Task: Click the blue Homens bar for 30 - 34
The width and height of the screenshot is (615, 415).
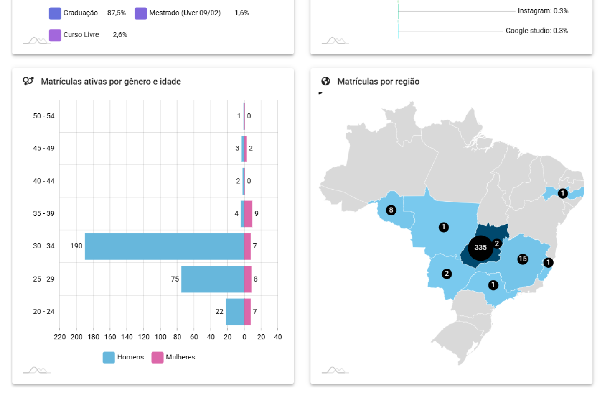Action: click(164, 246)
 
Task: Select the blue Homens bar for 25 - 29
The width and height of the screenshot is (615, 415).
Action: click(212, 279)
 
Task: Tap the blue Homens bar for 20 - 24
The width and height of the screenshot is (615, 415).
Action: click(234, 312)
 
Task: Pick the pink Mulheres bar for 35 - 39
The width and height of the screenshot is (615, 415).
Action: click(248, 214)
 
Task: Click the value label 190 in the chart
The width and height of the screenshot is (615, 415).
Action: click(76, 246)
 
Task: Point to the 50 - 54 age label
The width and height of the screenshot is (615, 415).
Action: click(44, 116)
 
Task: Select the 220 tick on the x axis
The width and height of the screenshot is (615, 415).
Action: click(60, 337)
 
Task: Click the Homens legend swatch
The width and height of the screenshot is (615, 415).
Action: click(109, 357)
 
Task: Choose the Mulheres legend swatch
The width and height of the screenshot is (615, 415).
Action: click(158, 357)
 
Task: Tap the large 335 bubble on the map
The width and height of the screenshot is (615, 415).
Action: click(480, 248)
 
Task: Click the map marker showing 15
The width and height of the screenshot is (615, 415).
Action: click(522, 259)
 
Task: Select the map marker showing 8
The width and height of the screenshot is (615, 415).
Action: click(391, 210)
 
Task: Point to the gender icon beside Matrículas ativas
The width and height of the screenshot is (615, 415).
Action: click(28, 81)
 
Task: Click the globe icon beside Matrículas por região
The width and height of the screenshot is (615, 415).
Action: click(326, 81)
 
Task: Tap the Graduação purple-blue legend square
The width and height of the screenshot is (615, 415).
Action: click(55, 13)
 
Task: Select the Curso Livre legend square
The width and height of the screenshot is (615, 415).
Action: click(55, 35)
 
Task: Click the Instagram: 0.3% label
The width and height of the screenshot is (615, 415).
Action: click(543, 11)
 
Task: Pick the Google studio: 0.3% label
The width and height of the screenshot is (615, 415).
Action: click(536, 31)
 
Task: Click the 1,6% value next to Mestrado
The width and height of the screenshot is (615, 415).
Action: click(241, 13)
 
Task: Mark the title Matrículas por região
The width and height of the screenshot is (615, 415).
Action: click(378, 82)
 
